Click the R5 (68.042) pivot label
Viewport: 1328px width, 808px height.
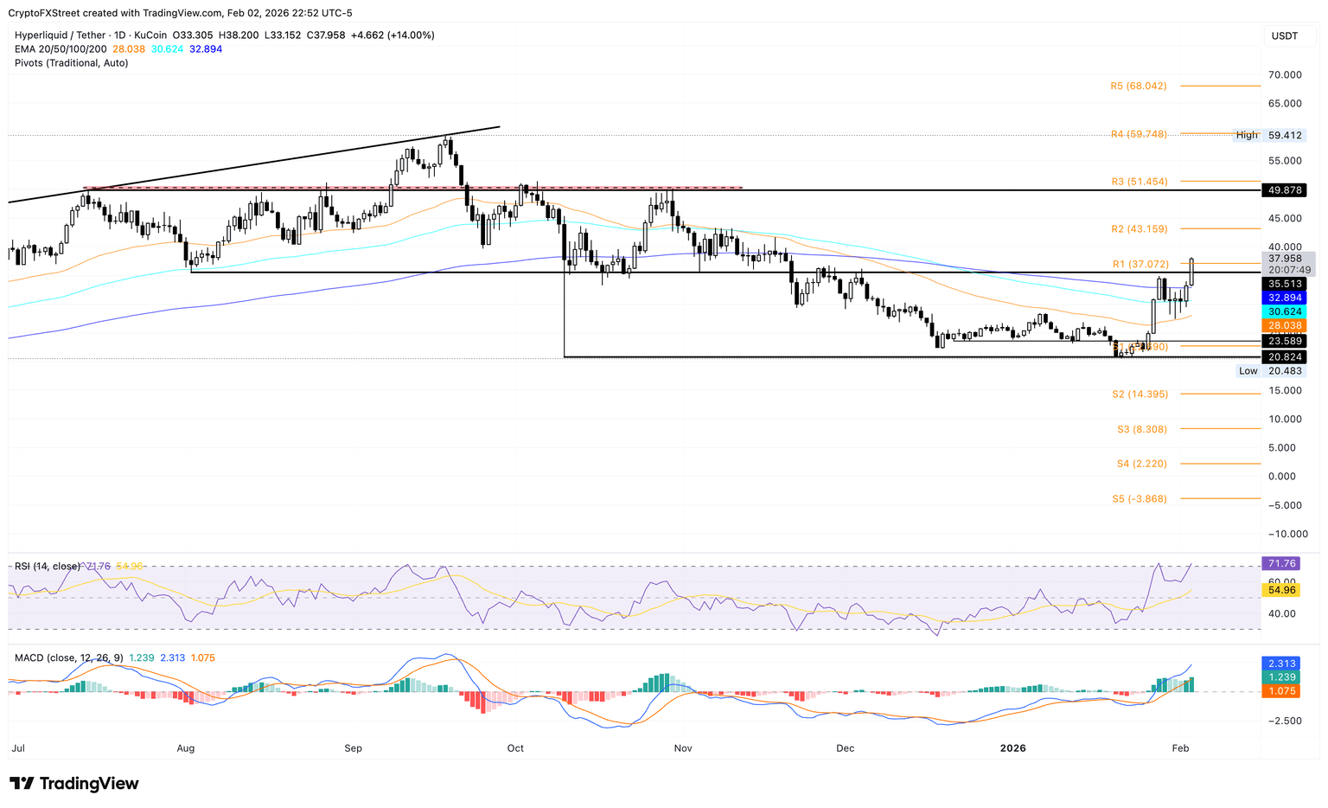click(x=1139, y=87)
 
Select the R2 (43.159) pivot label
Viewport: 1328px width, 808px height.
click(x=1139, y=229)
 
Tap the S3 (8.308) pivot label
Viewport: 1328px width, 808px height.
click(x=1141, y=429)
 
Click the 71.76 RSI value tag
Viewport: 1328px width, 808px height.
click(x=1282, y=564)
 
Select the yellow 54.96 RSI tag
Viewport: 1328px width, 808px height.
click(x=1282, y=590)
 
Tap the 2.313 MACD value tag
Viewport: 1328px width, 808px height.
click(x=1282, y=663)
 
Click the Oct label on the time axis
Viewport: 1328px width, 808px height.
click(x=515, y=748)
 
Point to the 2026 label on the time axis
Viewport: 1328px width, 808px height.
click(x=1012, y=748)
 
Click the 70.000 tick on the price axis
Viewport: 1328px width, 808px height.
click(x=1285, y=75)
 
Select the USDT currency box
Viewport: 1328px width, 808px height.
click(x=1284, y=35)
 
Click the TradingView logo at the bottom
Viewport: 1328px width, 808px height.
click(x=74, y=784)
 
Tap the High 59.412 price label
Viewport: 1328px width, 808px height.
click(x=1269, y=135)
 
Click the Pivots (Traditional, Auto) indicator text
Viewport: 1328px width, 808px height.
click(x=72, y=63)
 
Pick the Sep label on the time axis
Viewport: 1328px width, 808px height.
click(x=353, y=748)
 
